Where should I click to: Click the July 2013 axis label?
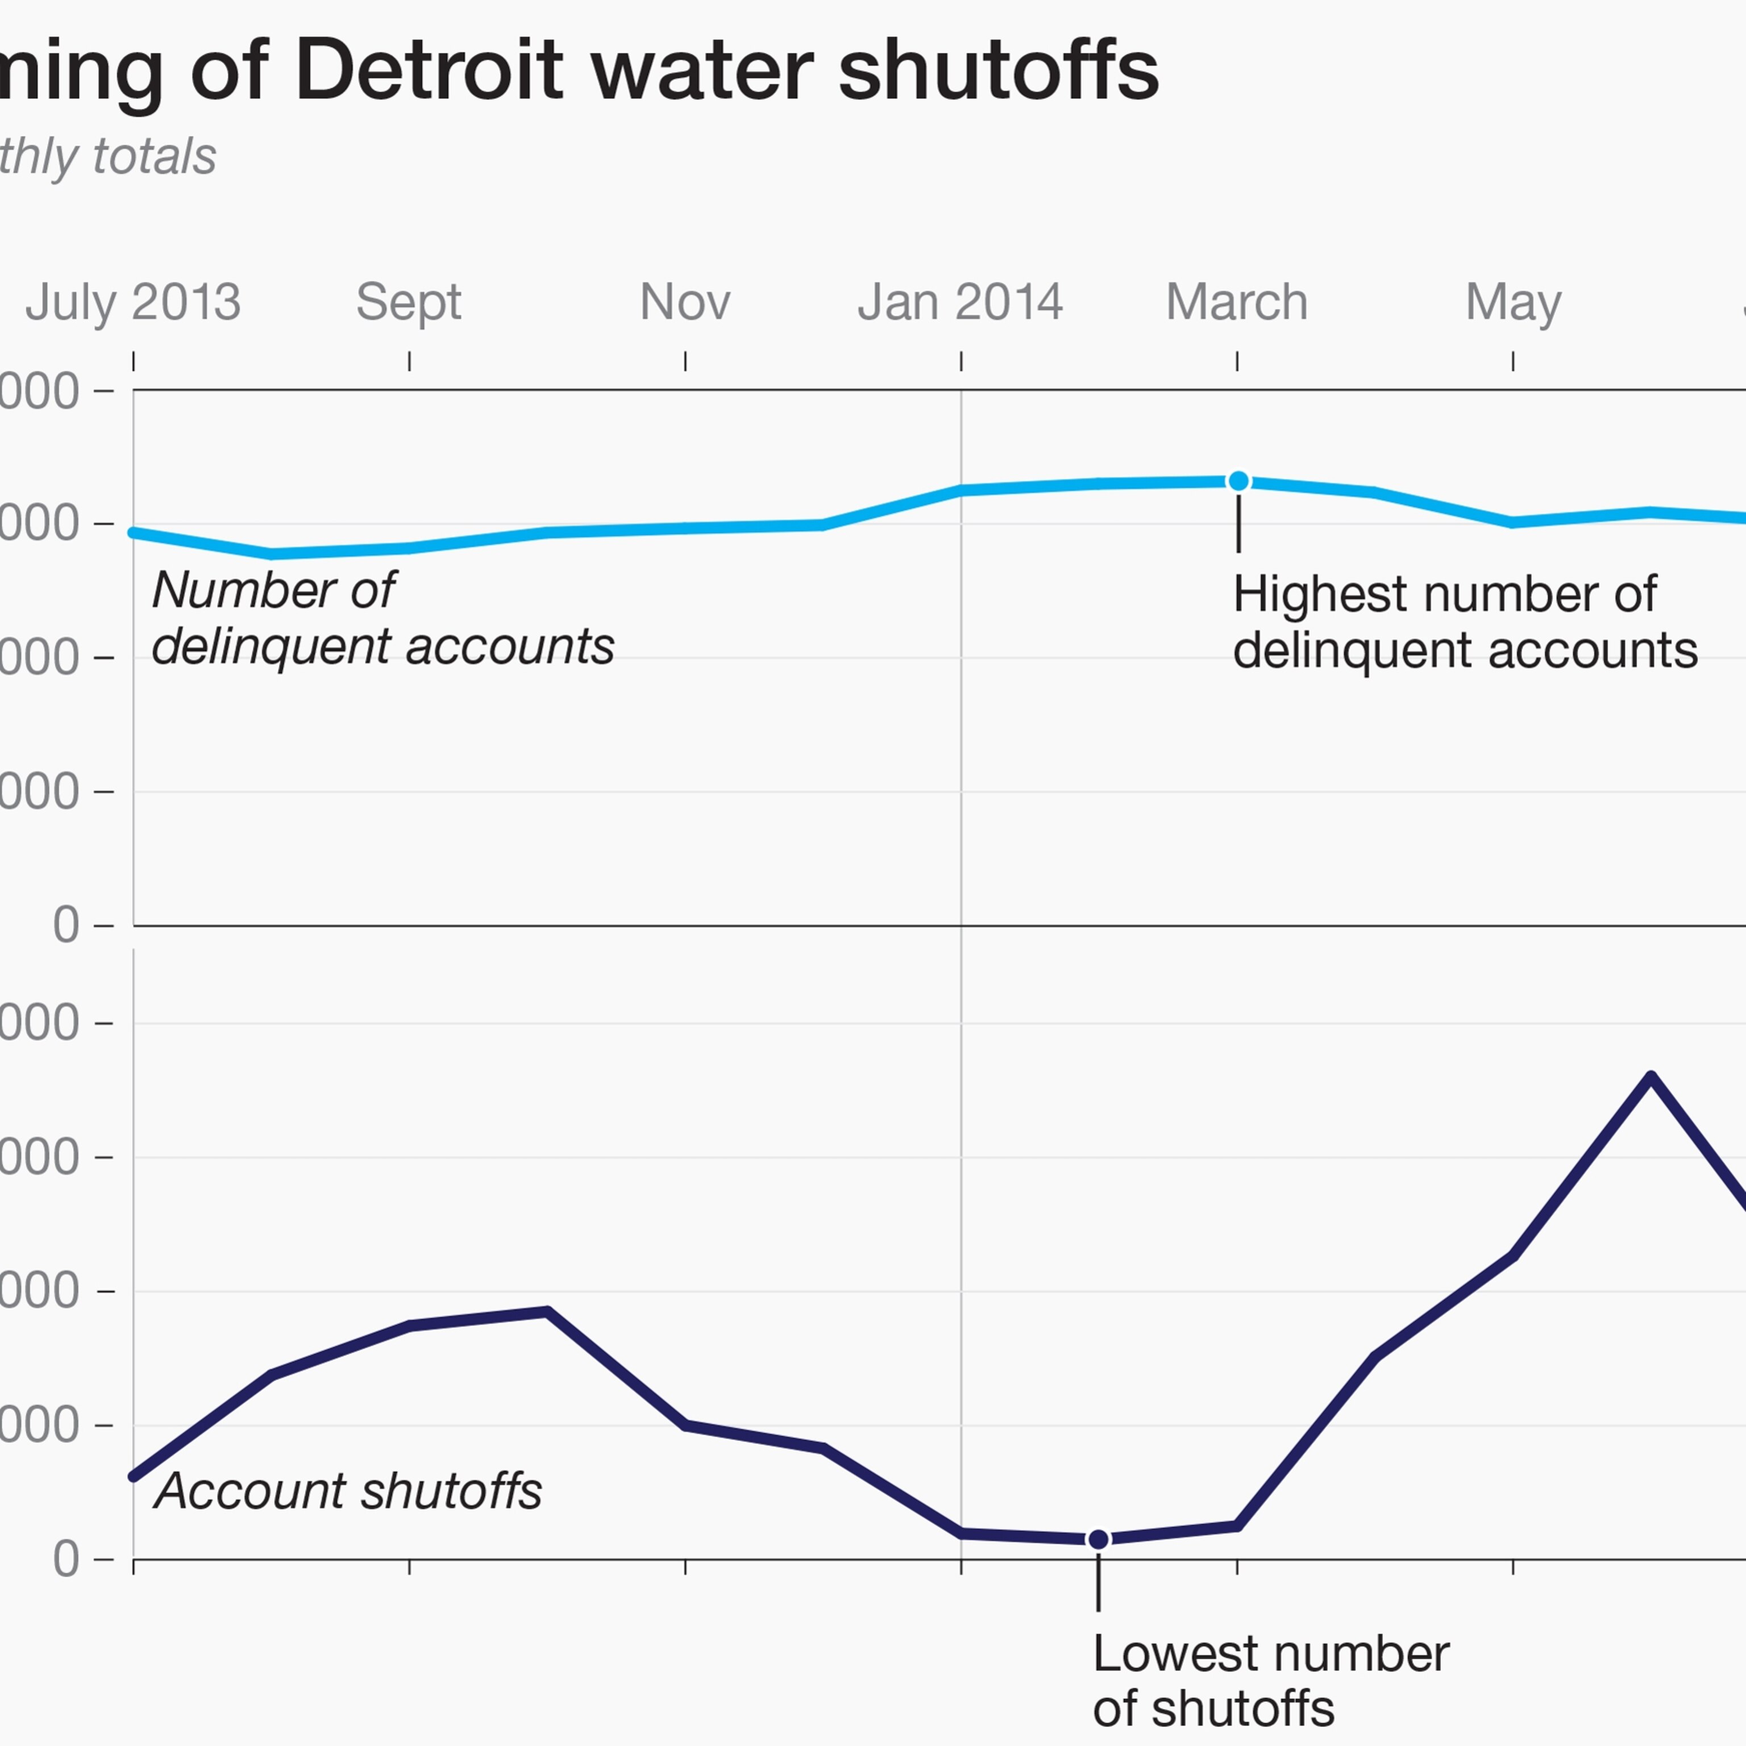(x=133, y=302)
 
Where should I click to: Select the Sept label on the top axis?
(x=409, y=302)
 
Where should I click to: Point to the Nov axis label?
(x=685, y=302)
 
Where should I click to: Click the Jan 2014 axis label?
(x=960, y=302)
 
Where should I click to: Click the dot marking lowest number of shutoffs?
(x=1098, y=1539)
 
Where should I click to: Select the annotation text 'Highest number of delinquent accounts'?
(x=1464, y=623)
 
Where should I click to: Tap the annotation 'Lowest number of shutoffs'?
(x=1270, y=1681)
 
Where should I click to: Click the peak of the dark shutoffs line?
(x=1651, y=1076)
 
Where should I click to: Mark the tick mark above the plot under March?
(x=1237, y=361)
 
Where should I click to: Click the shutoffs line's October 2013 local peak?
(x=548, y=1311)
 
